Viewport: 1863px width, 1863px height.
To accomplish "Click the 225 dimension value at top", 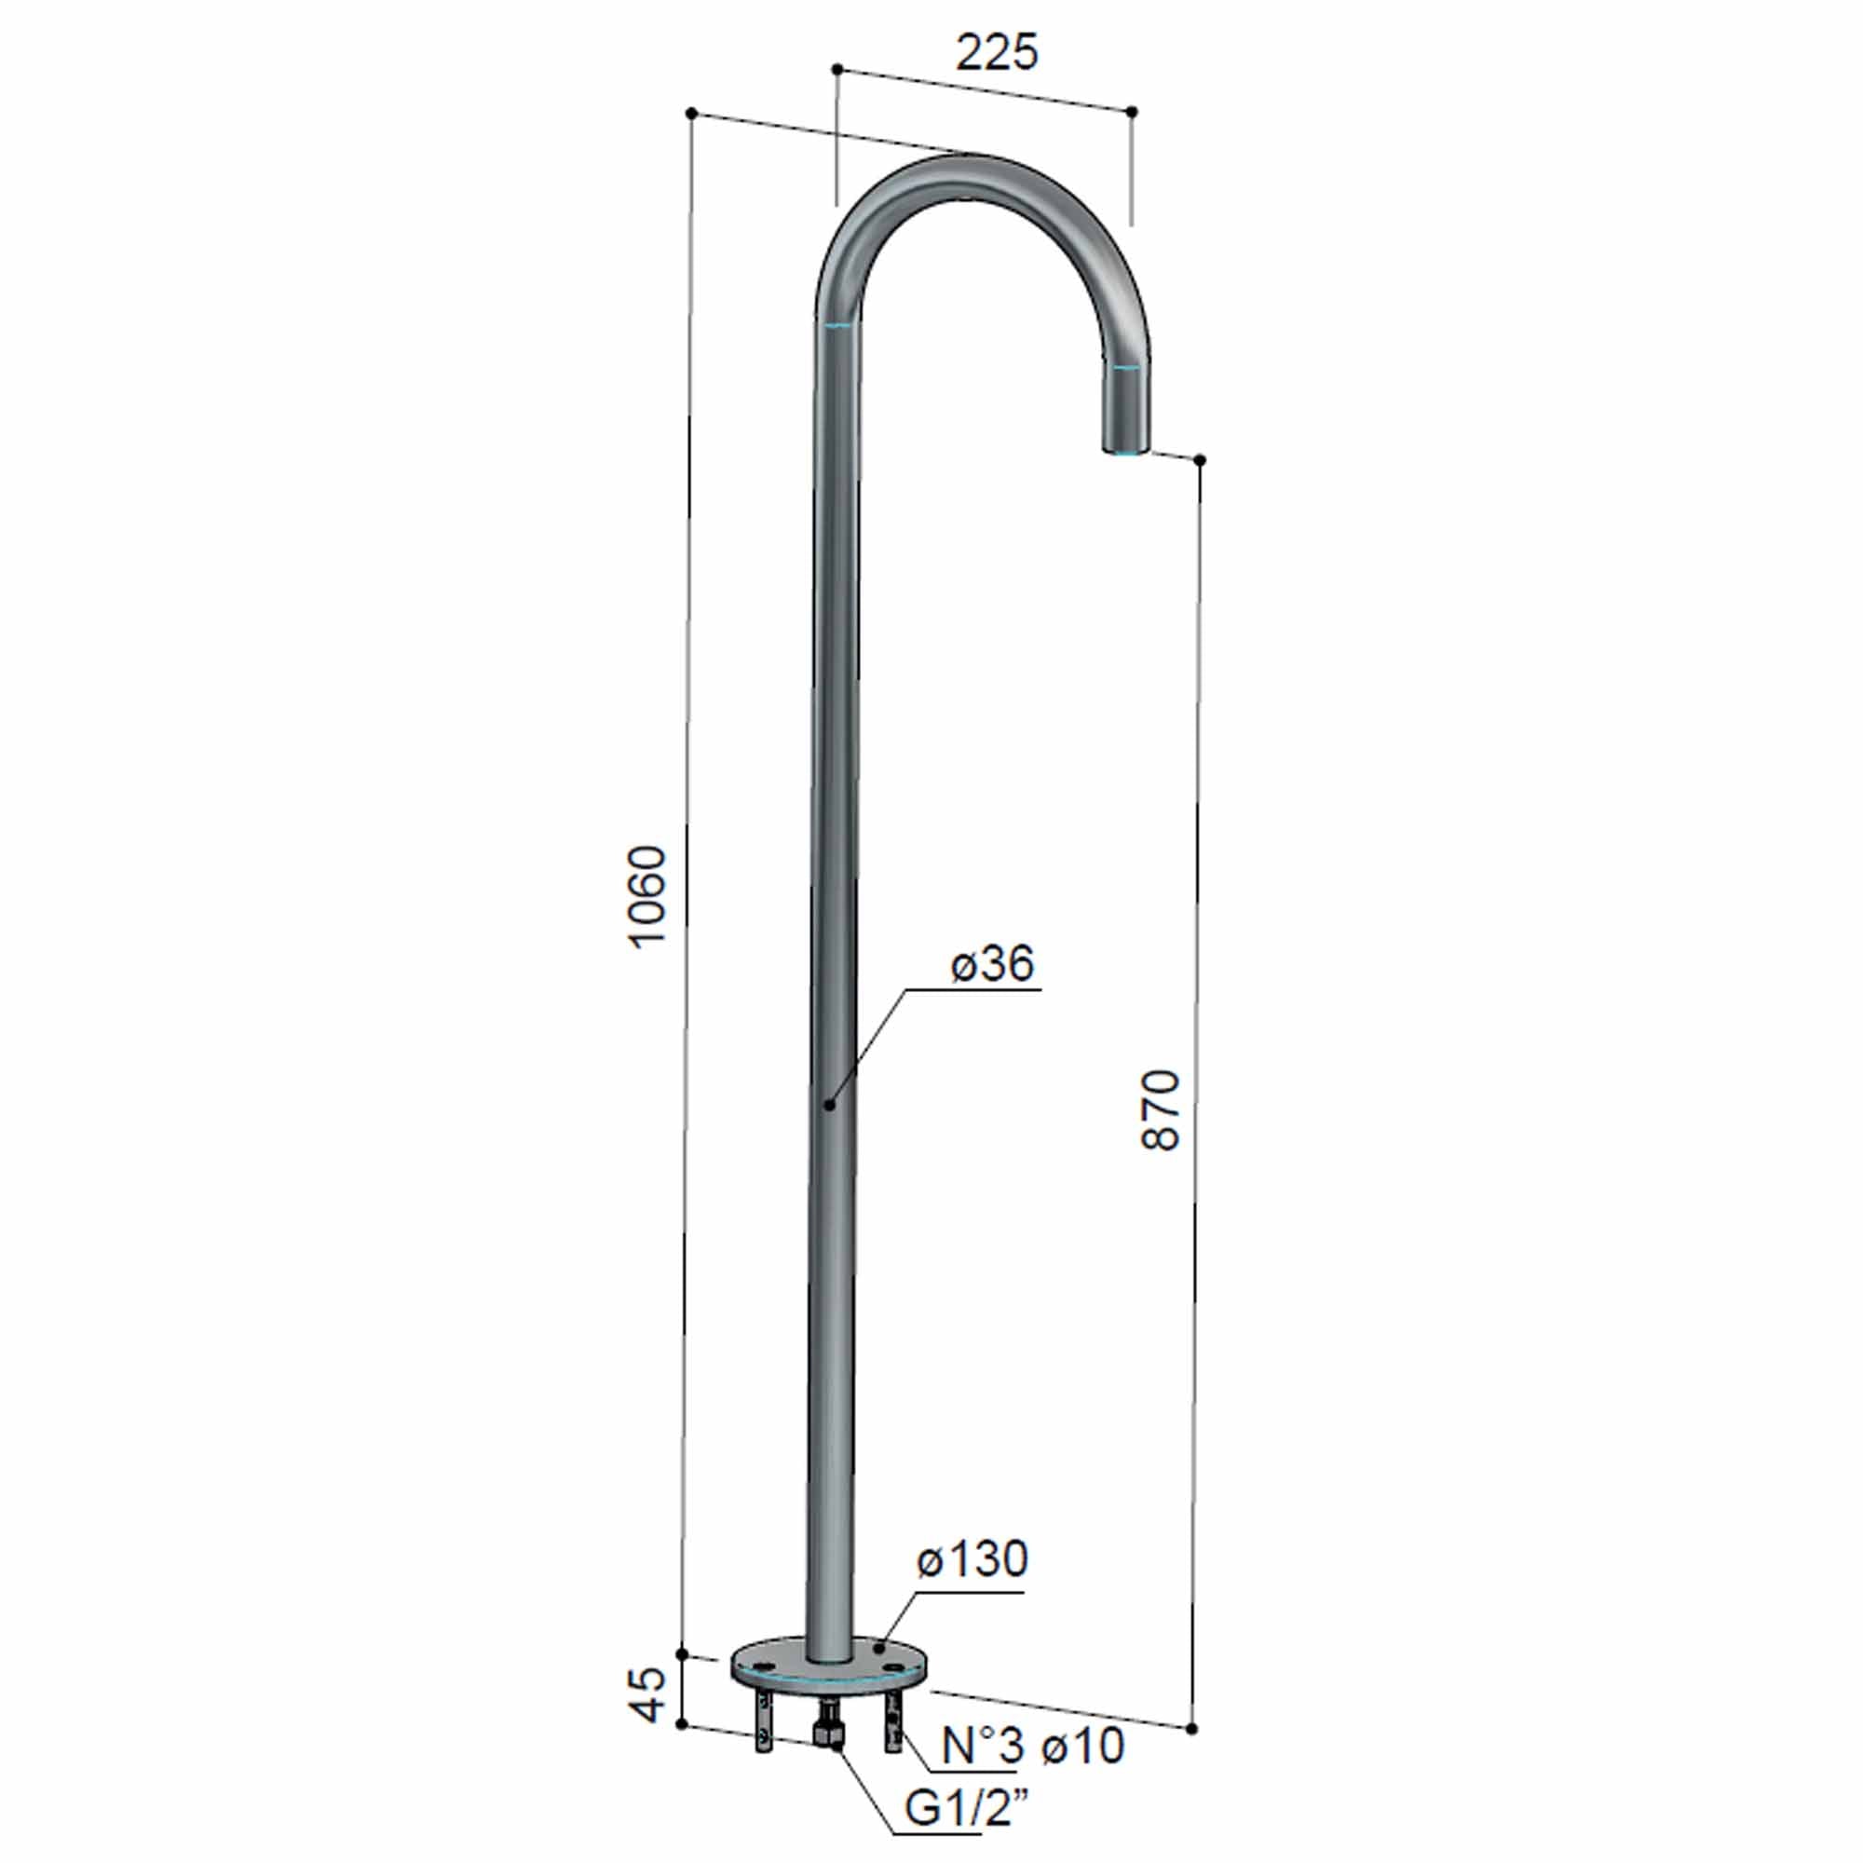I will coord(997,53).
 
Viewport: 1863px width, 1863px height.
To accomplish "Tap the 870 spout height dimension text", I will coord(1160,1108).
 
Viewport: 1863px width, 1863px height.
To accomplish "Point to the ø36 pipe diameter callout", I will coord(991,963).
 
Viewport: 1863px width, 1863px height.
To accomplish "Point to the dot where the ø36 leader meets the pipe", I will coord(828,1105).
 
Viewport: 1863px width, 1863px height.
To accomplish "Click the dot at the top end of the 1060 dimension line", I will coord(691,114).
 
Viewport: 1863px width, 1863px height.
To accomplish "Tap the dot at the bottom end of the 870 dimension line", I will coord(1193,1729).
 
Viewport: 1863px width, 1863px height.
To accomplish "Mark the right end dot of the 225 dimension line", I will coord(1132,112).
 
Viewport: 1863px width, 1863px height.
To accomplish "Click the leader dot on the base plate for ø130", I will coord(879,1650).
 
